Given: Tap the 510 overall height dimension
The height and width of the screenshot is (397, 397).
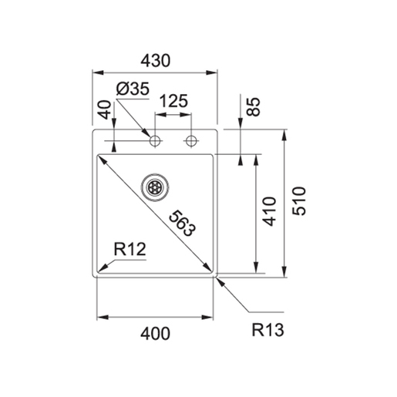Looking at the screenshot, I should pyautogui.click(x=301, y=201).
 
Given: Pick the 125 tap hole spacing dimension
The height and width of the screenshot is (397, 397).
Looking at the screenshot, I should pyautogui.click(x=174, y=101).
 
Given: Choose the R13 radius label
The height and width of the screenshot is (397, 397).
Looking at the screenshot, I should pyautogui.click(x=268, y=331).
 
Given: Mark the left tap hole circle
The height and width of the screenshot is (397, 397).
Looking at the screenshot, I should pyautogui.click(x=155, y=140).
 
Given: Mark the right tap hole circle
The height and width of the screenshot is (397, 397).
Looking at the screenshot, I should pyautogui.click(x=191, y=140).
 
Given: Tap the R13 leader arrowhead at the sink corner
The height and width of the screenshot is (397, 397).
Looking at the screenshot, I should pyautogui.click(x=219, y=280).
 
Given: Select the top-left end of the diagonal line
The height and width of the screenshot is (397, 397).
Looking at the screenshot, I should pyautogui.click(x=98, y=157).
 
